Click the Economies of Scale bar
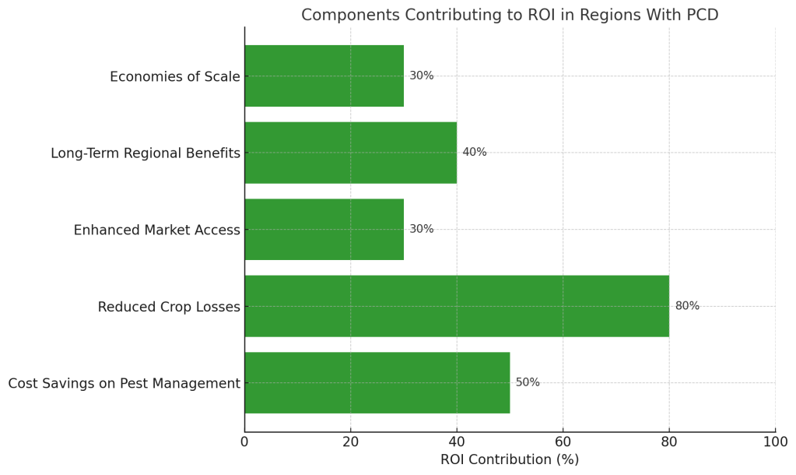pyautogui.click(x=324, y=76)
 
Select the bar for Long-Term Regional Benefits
pyautogui.click(x=350, y=153)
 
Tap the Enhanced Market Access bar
pyautogui.click(x=324, y=229)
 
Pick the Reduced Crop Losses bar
pyautogui.click(x=457, y=306)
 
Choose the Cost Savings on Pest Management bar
pyautogui.click(x=377, y=382)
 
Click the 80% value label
pyautogui.click(x=687, y=306)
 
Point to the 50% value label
pyautogui.click(x=528, y=382)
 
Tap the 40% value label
pyautogui.click(x=475, y=153)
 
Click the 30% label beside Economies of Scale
pyautogui.click(x=422, y=76)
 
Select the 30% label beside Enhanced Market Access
pyautogui.click(x=422, y=229)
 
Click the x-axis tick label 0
pyautogui.click(x=244, y=442)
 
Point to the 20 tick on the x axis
pyautogui.click(x=350, y=442)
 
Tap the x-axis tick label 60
pyautogui.click(x=563, y=442)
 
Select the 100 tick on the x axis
pyautogui.click(x=775, y=442)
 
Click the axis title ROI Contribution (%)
pyautogui.click(x=510, y=459)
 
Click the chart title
pyautogui.click(x=510, y=15)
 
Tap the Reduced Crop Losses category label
pyautogui.click(x=169, y=307)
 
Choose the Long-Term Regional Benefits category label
pyautogui.click(x=146, y=153)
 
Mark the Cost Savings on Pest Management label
pyautogui.click(x=124, y=383)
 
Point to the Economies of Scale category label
pyautogui.click(x=175, y=76)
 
